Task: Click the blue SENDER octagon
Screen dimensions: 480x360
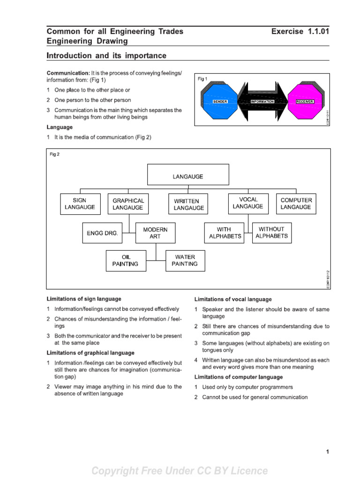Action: pos(220,101)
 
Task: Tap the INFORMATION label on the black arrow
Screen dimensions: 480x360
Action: pos(262,102)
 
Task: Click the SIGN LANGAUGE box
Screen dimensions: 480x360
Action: pos(80,204)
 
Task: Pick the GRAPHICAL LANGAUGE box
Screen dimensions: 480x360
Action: pos(128,204)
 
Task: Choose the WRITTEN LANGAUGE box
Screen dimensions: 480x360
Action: pos(188,204)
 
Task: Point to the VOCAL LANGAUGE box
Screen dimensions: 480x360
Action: pos(248,203)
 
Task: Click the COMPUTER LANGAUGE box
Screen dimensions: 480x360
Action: pos(296,204)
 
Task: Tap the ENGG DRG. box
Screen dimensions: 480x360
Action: pos(102,233)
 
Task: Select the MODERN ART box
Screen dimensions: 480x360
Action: pos(155,233)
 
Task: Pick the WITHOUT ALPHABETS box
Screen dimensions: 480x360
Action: pos(271,232)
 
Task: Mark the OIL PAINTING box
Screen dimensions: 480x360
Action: pos(125,261)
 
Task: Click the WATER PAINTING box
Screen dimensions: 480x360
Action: pos(185,261)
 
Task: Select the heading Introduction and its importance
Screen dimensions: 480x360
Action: pos(106,56)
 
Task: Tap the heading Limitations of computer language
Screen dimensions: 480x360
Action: pos(239,377)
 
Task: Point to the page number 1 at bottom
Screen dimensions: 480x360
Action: pos(327,452)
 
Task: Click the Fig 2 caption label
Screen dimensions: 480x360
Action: pos(55,155)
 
